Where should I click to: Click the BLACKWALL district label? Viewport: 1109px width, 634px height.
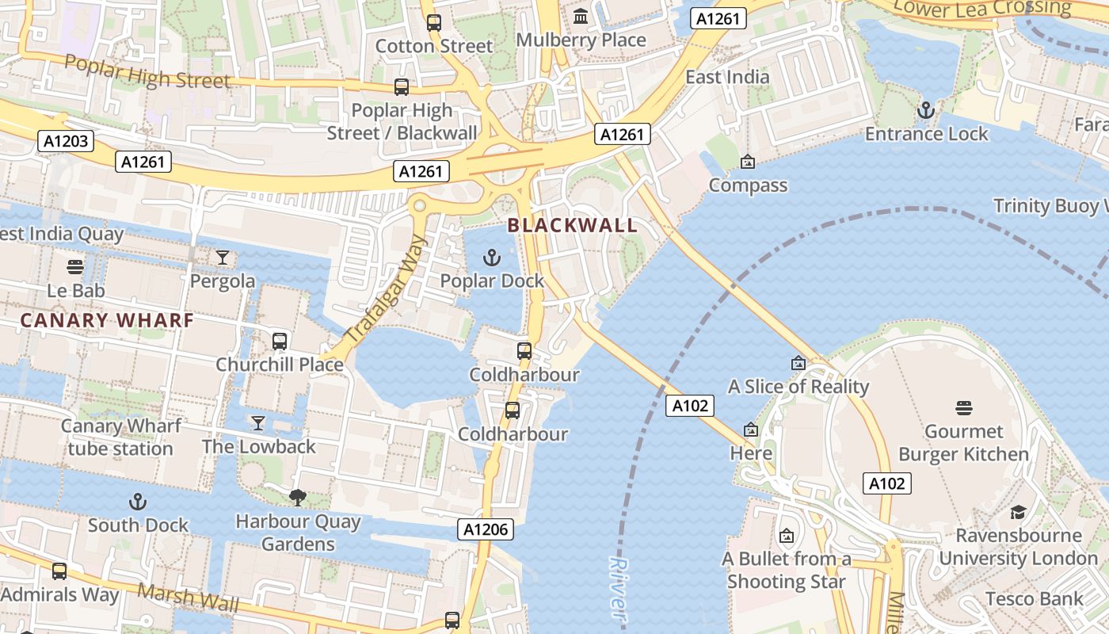572,226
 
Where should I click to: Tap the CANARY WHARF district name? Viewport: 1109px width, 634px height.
107,321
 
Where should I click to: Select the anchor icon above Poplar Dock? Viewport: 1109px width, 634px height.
493,258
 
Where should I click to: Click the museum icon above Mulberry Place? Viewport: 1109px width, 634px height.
581,16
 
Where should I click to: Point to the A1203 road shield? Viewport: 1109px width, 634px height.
66,142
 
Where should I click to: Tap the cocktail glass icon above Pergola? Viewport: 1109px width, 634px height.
223,258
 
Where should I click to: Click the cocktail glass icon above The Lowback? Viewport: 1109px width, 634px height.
258,422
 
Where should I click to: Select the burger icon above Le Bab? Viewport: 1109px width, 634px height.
75,266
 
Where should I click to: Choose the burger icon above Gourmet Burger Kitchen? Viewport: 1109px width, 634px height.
963,408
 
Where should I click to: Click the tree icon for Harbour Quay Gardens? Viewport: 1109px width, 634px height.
298,498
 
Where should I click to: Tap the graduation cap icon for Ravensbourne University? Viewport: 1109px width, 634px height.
1018,512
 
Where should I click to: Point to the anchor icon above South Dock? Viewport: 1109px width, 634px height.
138,502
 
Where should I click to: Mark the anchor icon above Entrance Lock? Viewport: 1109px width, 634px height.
926,110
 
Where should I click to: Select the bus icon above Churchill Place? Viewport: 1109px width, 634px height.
280,342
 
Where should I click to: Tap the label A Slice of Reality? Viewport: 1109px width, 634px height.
798,387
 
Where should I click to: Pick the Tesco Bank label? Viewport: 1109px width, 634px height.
1035,598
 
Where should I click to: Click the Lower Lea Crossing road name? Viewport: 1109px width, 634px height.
981,8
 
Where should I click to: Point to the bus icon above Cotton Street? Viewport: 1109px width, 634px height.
433,22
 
